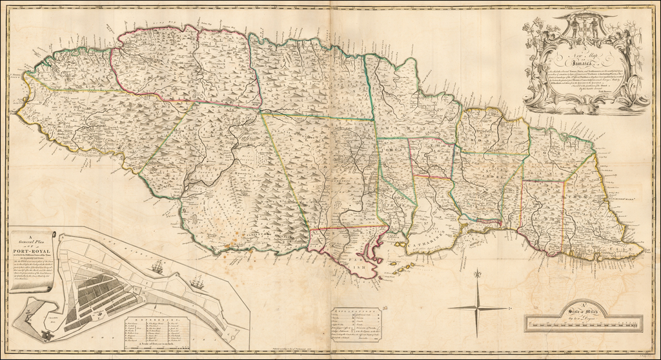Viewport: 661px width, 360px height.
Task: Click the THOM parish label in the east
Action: point(578,194)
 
